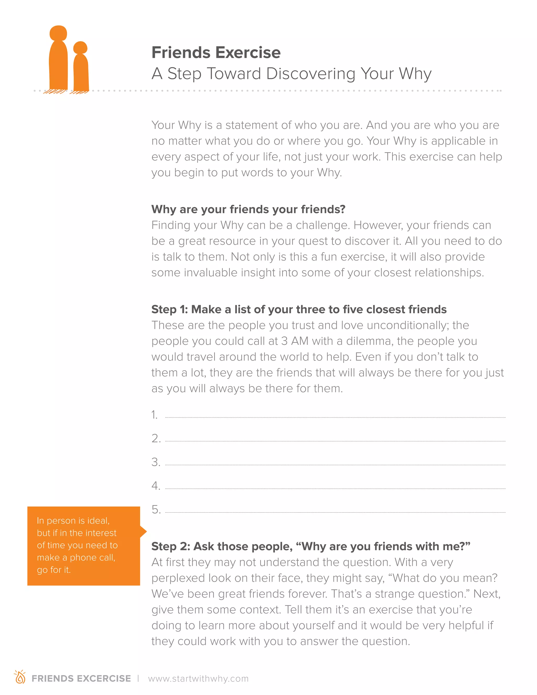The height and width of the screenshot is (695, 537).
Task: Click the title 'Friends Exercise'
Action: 216,52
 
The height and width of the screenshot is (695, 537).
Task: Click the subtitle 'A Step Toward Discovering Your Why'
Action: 291,74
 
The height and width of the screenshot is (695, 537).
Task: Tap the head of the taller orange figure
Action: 58,33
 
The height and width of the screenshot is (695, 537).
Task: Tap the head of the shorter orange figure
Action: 80,48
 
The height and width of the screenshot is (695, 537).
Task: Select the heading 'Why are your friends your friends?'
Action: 248,209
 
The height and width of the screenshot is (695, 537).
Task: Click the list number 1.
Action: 154,415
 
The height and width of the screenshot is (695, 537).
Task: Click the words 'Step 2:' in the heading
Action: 170,546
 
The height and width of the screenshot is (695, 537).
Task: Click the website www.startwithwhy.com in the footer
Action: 198,678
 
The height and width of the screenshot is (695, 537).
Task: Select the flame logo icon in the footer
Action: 20,677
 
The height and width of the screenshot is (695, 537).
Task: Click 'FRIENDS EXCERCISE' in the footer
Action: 81,678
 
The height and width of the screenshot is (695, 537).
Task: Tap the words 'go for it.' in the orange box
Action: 53,570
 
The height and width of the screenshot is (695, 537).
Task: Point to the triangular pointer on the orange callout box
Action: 143,531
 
